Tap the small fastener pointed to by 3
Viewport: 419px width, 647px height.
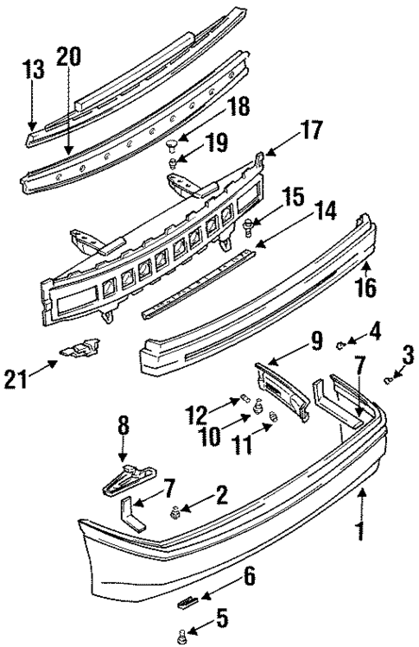(x=390, y=377)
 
